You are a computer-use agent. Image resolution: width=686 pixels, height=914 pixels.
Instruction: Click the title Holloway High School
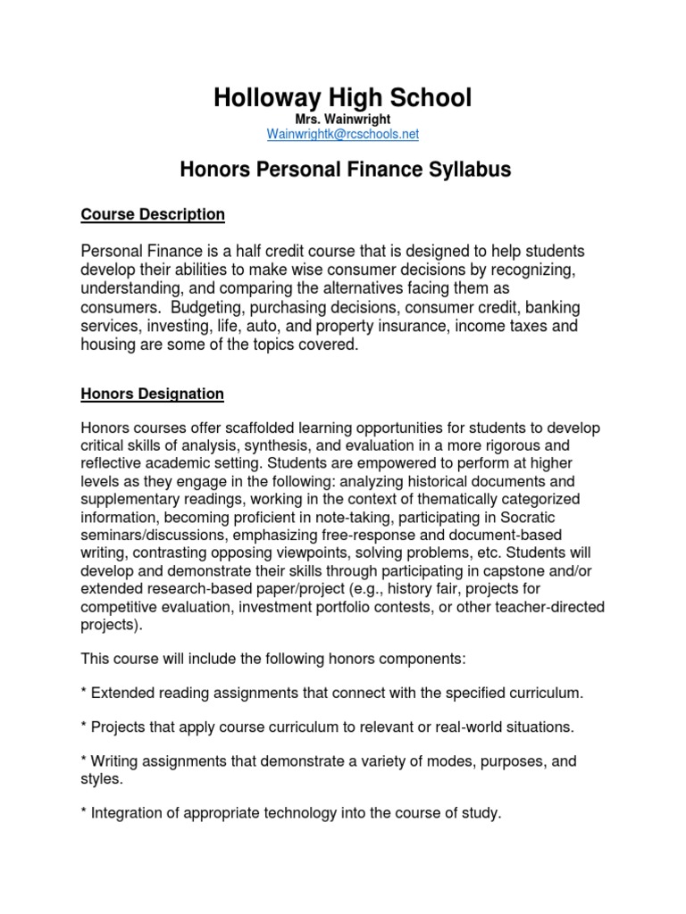click(342, 97)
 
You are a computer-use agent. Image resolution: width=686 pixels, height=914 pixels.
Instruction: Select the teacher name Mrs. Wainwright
click(343, 119)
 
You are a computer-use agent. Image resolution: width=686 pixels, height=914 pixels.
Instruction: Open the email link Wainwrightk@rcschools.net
click(343, 134)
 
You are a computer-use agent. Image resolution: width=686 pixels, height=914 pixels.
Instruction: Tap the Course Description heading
click(153, 214)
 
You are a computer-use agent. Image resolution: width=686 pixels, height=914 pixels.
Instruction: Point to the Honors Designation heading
click(153, 393)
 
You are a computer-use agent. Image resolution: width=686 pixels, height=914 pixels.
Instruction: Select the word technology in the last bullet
click(289, 813)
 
